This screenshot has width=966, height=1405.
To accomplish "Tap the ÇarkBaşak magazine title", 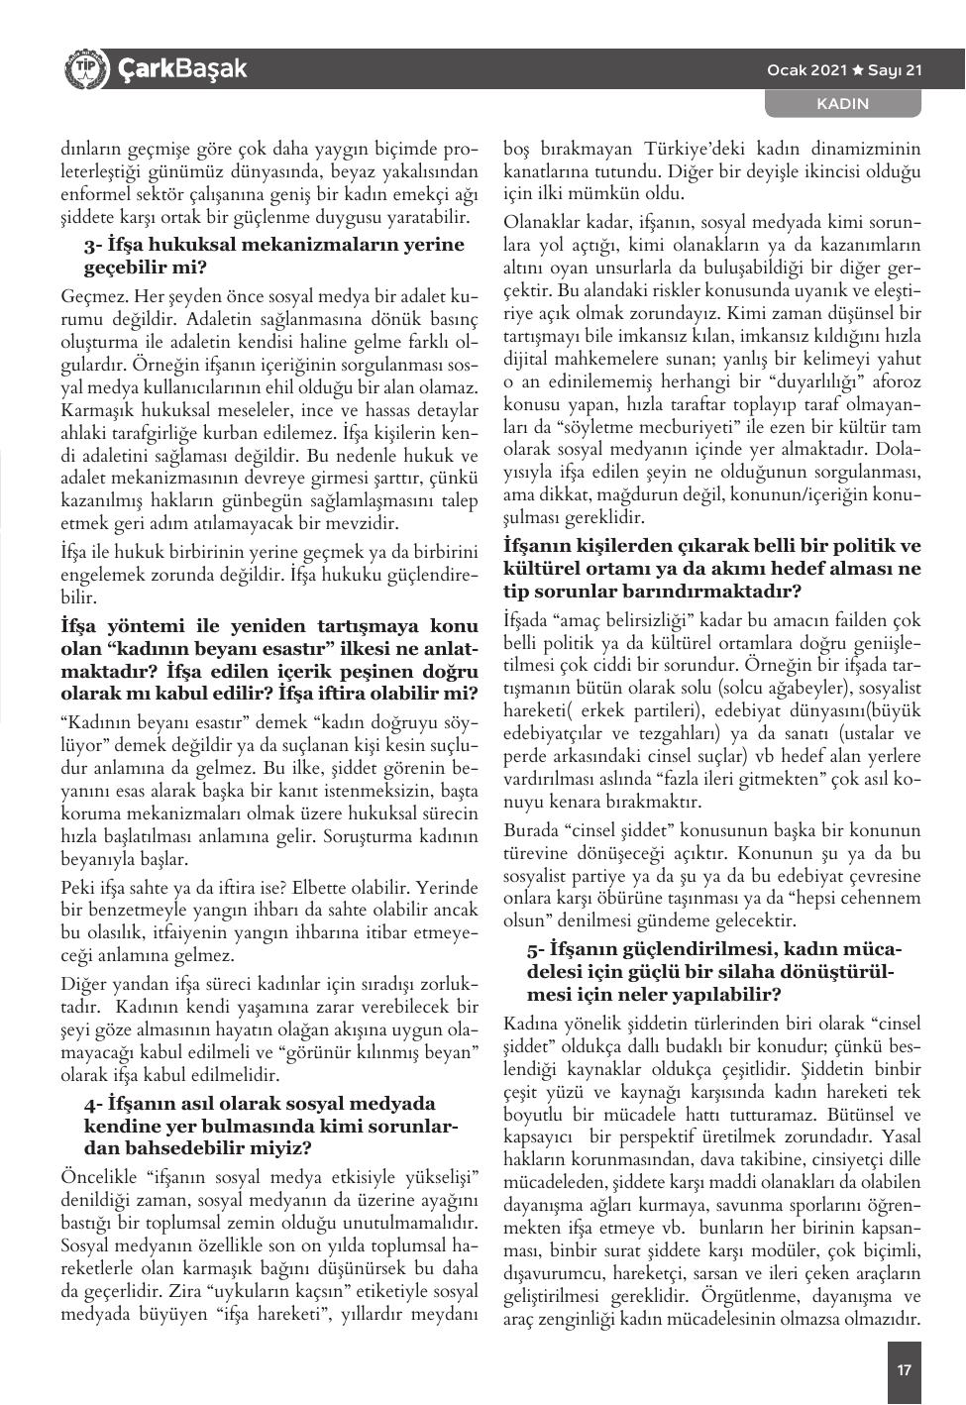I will click(x=182, y=69).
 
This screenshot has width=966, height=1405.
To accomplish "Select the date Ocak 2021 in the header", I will click(x=807, y=69).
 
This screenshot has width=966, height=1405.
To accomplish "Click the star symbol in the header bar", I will click(x=858, y=69).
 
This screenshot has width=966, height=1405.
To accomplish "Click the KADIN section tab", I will click(x=841, y=103).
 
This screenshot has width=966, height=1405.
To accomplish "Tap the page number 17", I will click(x=903, y=1370).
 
